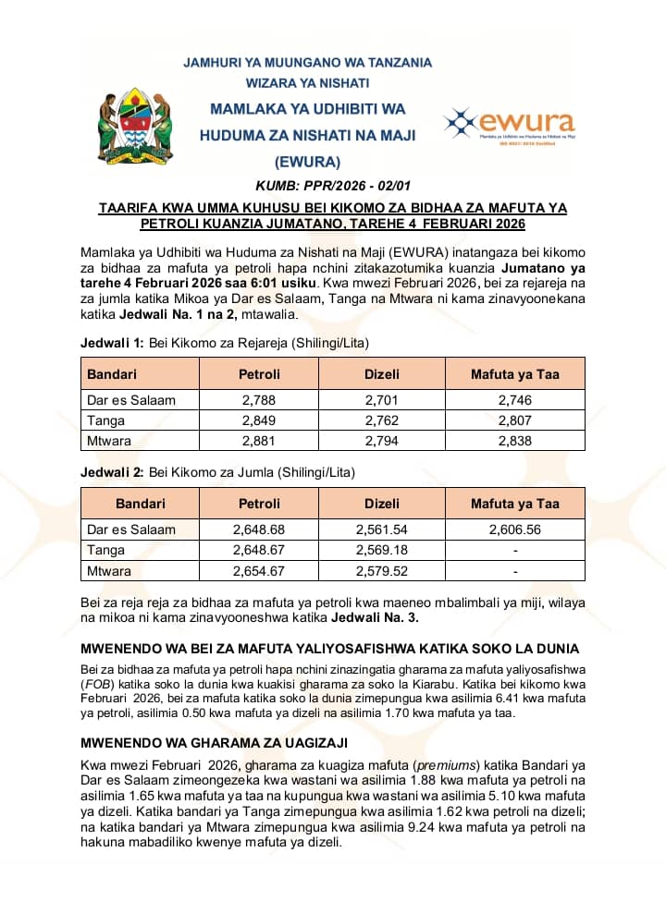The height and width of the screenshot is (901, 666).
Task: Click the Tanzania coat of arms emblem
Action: tap(135, 126)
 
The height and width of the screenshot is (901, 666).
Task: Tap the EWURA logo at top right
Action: tap(509, 123)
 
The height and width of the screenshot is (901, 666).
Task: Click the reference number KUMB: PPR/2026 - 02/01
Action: tap(332, 186)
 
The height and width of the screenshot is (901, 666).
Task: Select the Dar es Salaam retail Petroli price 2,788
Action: tap(259, 400)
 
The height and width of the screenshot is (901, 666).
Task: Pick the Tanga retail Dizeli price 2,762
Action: tap(382, 420)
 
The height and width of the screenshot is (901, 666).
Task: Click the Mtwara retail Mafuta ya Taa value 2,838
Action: tap(514, 441)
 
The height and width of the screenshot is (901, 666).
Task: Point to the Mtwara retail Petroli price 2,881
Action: tap(259, 441)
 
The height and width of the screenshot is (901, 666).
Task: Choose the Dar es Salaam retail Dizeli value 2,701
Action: tap(382, 400)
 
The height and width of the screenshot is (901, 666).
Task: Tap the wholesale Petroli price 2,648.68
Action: tap(259, 530)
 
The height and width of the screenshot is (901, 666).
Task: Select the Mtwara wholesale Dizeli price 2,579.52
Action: tap(382, 571)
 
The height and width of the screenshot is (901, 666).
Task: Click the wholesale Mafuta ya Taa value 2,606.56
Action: tap(514, 530)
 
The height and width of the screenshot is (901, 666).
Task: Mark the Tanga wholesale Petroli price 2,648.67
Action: tap(259, 551)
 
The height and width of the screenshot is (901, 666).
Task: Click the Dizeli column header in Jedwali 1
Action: tap(382, 374)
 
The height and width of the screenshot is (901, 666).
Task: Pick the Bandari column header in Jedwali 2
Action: tap(141, 504)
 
